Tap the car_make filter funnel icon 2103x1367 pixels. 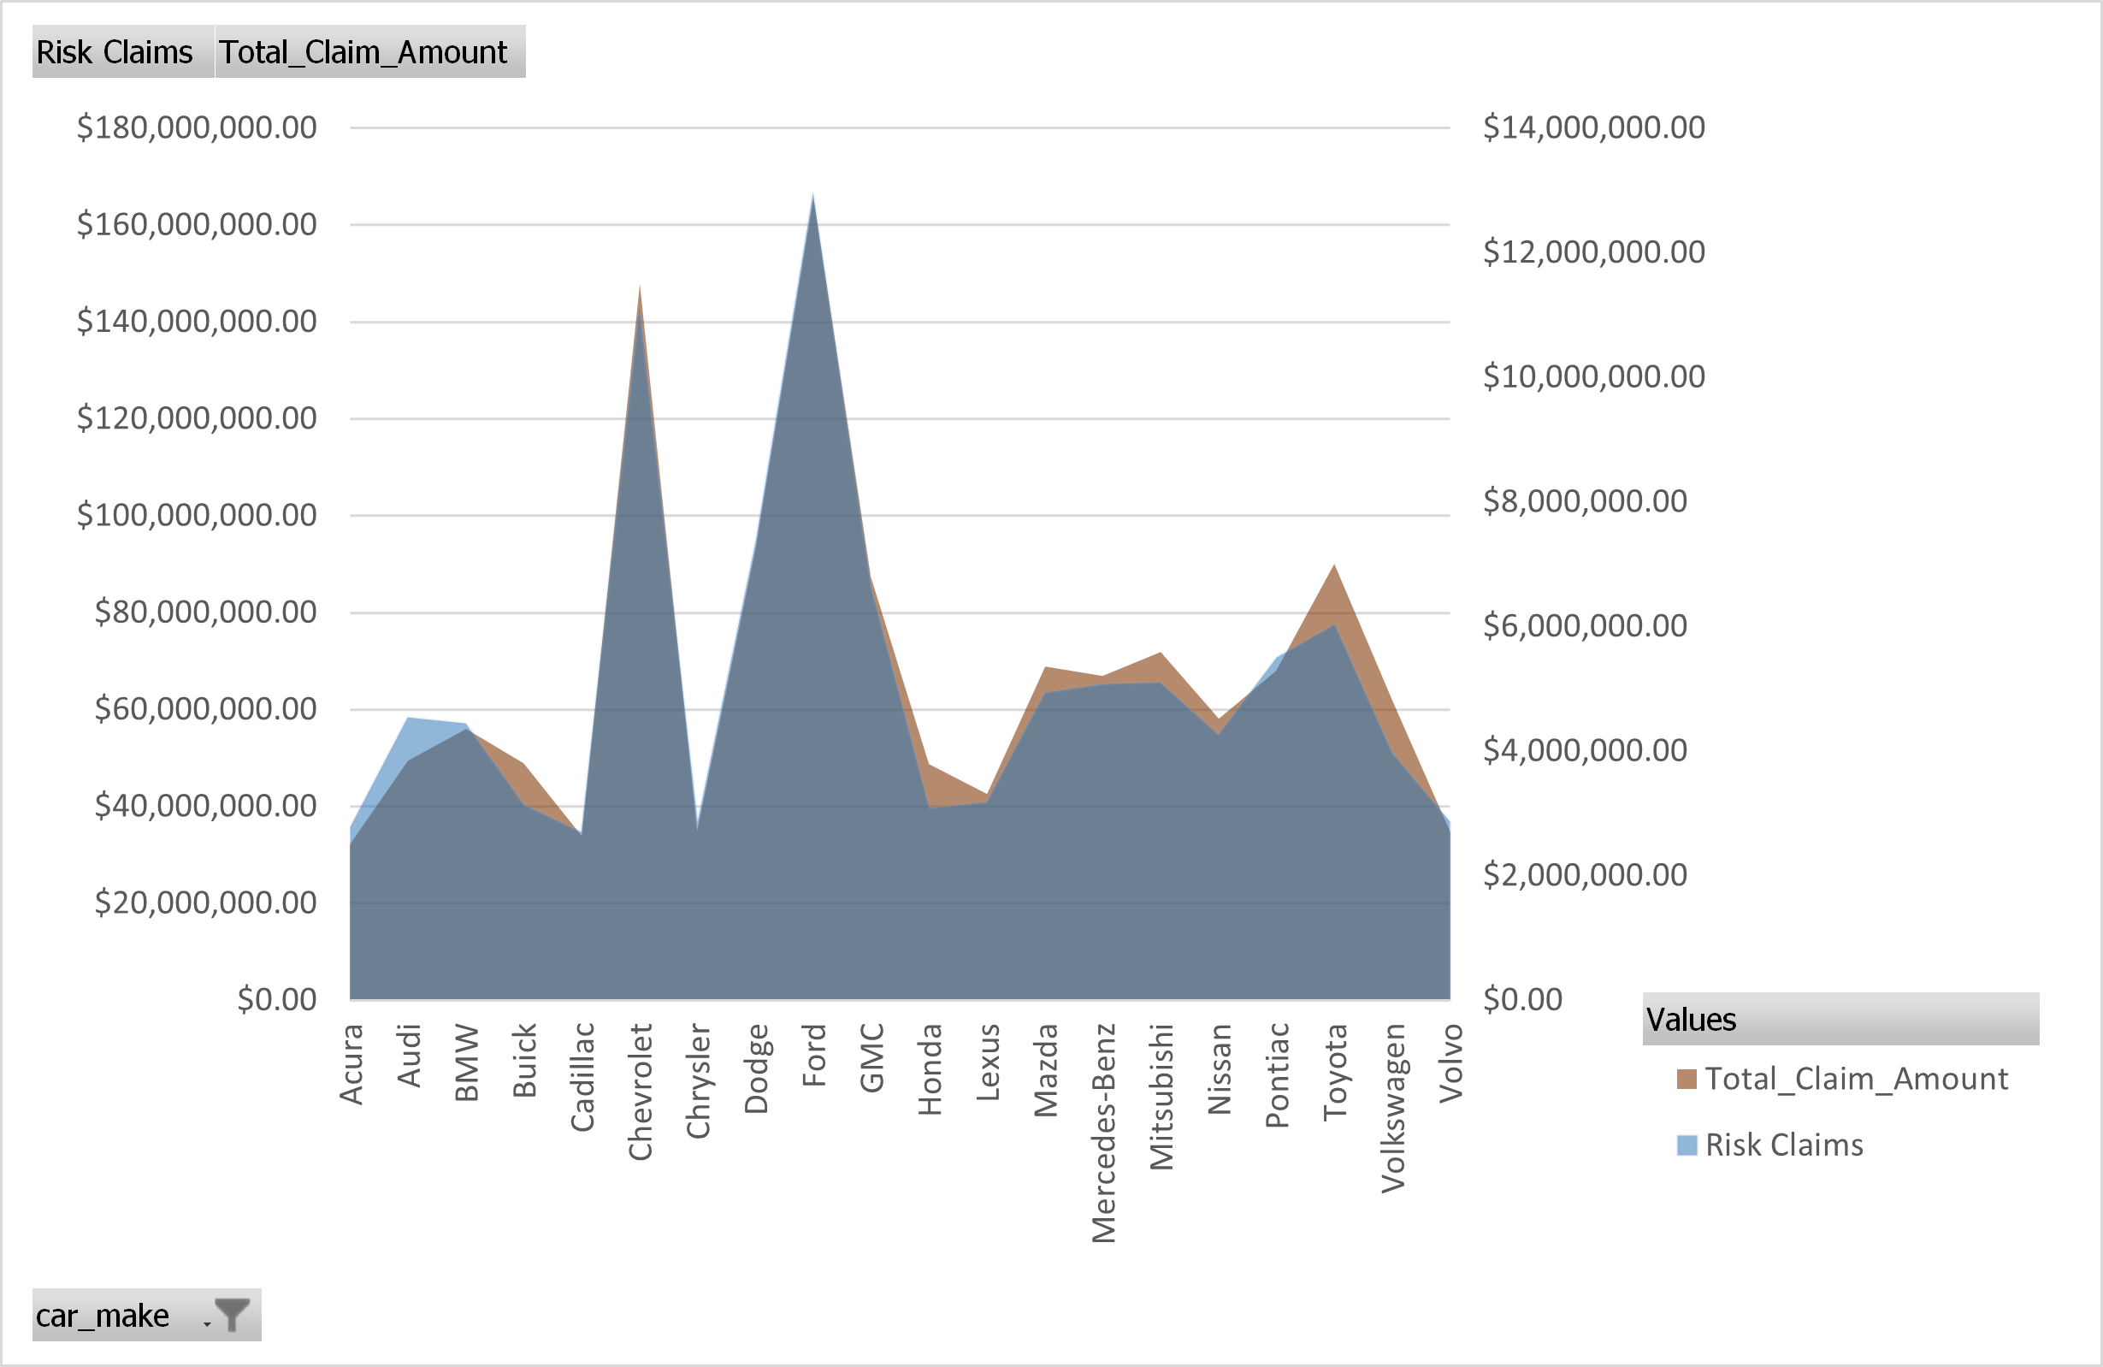[233, 1315]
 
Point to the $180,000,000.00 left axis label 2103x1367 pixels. [196, 127]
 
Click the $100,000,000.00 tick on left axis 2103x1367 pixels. [196, 514]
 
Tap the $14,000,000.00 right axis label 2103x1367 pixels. [1593, 127]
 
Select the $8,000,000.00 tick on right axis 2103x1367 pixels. [1585, 501]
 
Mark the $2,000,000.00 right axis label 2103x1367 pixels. [1585, 875]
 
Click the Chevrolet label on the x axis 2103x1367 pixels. [640, 1092]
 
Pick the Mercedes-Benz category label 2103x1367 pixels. [1103, 1133]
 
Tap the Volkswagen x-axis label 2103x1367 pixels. [1392, 1108]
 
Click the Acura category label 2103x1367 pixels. [351, 1064]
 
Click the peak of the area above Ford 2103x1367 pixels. [813, 196]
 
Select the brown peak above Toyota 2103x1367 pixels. [1334, 567]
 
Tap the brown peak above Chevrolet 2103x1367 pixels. [639, 288]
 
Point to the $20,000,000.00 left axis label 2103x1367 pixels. [205, 902]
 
